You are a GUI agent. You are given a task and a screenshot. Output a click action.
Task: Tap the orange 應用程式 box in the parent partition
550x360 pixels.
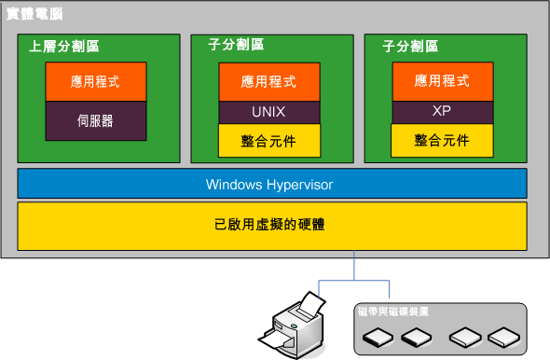(95, 82)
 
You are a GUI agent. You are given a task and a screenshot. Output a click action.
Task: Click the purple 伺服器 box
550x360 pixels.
(95, 120)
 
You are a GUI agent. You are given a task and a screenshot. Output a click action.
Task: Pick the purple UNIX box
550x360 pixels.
(269, 112)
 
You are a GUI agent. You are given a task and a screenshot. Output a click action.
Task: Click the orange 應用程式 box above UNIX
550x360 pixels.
(269, 82)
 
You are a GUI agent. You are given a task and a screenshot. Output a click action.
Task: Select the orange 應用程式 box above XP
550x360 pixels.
(441, 81)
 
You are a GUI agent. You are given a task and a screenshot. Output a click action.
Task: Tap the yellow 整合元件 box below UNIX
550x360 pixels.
(269, 140)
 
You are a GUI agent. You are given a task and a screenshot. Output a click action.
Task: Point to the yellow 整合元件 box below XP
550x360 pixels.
(441, 141)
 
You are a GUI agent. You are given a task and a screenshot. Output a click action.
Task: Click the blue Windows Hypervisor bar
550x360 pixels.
(269, 185)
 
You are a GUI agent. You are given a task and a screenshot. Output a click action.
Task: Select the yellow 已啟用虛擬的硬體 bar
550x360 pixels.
(269, 226)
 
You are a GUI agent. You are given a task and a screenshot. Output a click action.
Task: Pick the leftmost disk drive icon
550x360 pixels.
(378, 336)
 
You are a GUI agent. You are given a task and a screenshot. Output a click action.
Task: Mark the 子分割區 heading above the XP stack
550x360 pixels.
(410, 45)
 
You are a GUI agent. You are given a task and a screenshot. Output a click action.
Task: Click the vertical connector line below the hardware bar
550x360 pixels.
(354, 266)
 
